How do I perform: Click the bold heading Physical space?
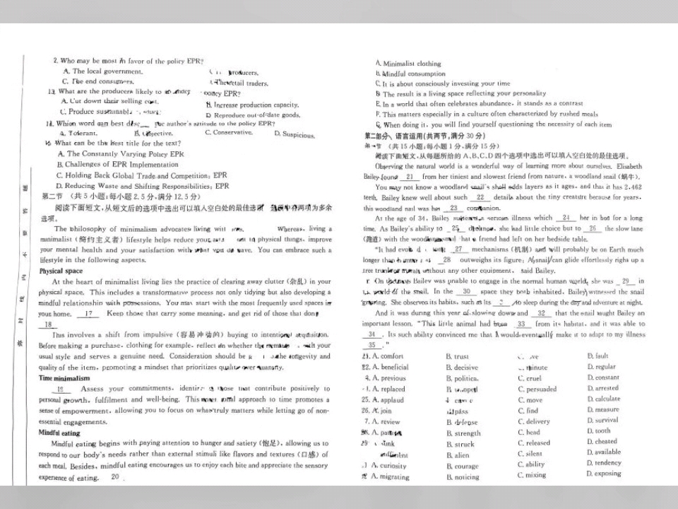[60, 271]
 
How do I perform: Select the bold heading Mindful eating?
[59, 433]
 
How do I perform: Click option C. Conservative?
[228, 132]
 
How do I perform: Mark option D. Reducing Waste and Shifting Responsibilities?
[143, 186]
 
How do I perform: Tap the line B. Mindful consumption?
[410, 74]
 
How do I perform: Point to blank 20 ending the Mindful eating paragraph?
[115, 477]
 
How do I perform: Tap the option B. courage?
[462, 467]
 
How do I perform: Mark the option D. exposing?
[604, 474]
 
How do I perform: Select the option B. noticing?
[462, 477]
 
